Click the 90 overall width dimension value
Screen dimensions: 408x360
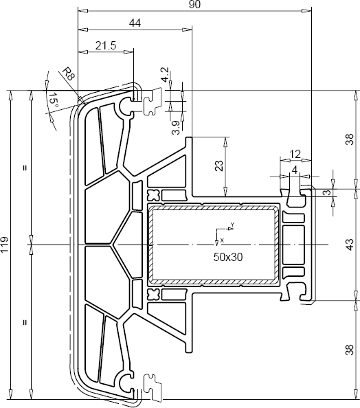coord(194,5)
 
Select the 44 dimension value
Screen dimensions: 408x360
coord(135,23)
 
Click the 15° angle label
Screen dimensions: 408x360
coord(52,102)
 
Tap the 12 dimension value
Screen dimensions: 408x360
coord(295,154)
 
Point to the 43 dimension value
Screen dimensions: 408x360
coord(349,244)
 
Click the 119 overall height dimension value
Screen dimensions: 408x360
coord(5,244)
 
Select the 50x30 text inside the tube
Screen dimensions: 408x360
coord(227,256)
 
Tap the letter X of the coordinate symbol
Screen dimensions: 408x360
coord(221,240)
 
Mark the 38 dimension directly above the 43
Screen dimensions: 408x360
coord(349,139)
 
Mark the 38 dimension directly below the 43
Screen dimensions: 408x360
coord(349,348)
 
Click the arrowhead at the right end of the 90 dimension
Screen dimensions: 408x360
coord(308,11)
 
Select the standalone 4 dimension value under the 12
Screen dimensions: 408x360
coord(295,169)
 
